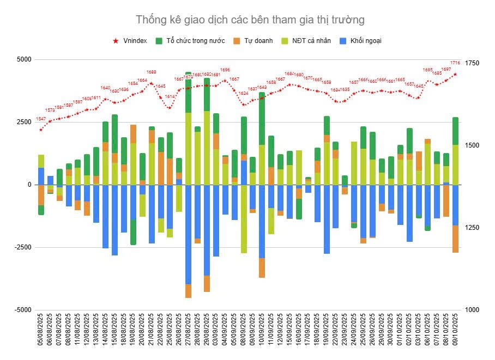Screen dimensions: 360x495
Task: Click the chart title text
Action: (x=250, y=20)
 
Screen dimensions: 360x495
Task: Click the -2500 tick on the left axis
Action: (x=21, y=247)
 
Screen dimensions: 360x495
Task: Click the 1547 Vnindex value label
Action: (x=41, y=119)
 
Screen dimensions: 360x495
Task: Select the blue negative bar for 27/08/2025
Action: (x=189, y=234)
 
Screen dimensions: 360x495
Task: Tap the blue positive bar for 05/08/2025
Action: (x=41, y=176)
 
